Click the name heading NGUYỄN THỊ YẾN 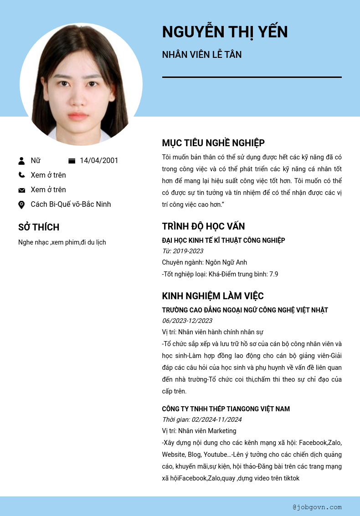point(225,32)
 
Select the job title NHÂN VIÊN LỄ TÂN point(202,55)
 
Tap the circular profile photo point(81,84)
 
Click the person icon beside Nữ point(21,161)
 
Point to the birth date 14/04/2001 point(99,160)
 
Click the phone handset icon point(21,175)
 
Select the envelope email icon point(21,190)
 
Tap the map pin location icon point(21,204)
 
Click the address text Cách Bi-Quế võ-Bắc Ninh point(71,204)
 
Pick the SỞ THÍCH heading point(39,227)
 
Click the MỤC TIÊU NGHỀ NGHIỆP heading point(213,143)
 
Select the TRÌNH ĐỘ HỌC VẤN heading point(203,226)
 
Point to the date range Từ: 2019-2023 point(183,251)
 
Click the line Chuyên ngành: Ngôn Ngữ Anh point(204,262)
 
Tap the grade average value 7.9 point(273,274)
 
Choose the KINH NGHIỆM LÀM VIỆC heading point(213,296)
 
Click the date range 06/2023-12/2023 point(187,321)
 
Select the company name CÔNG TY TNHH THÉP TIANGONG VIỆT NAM point(226,409)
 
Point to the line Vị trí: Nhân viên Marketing point(199,431)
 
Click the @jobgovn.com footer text point(317,507)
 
